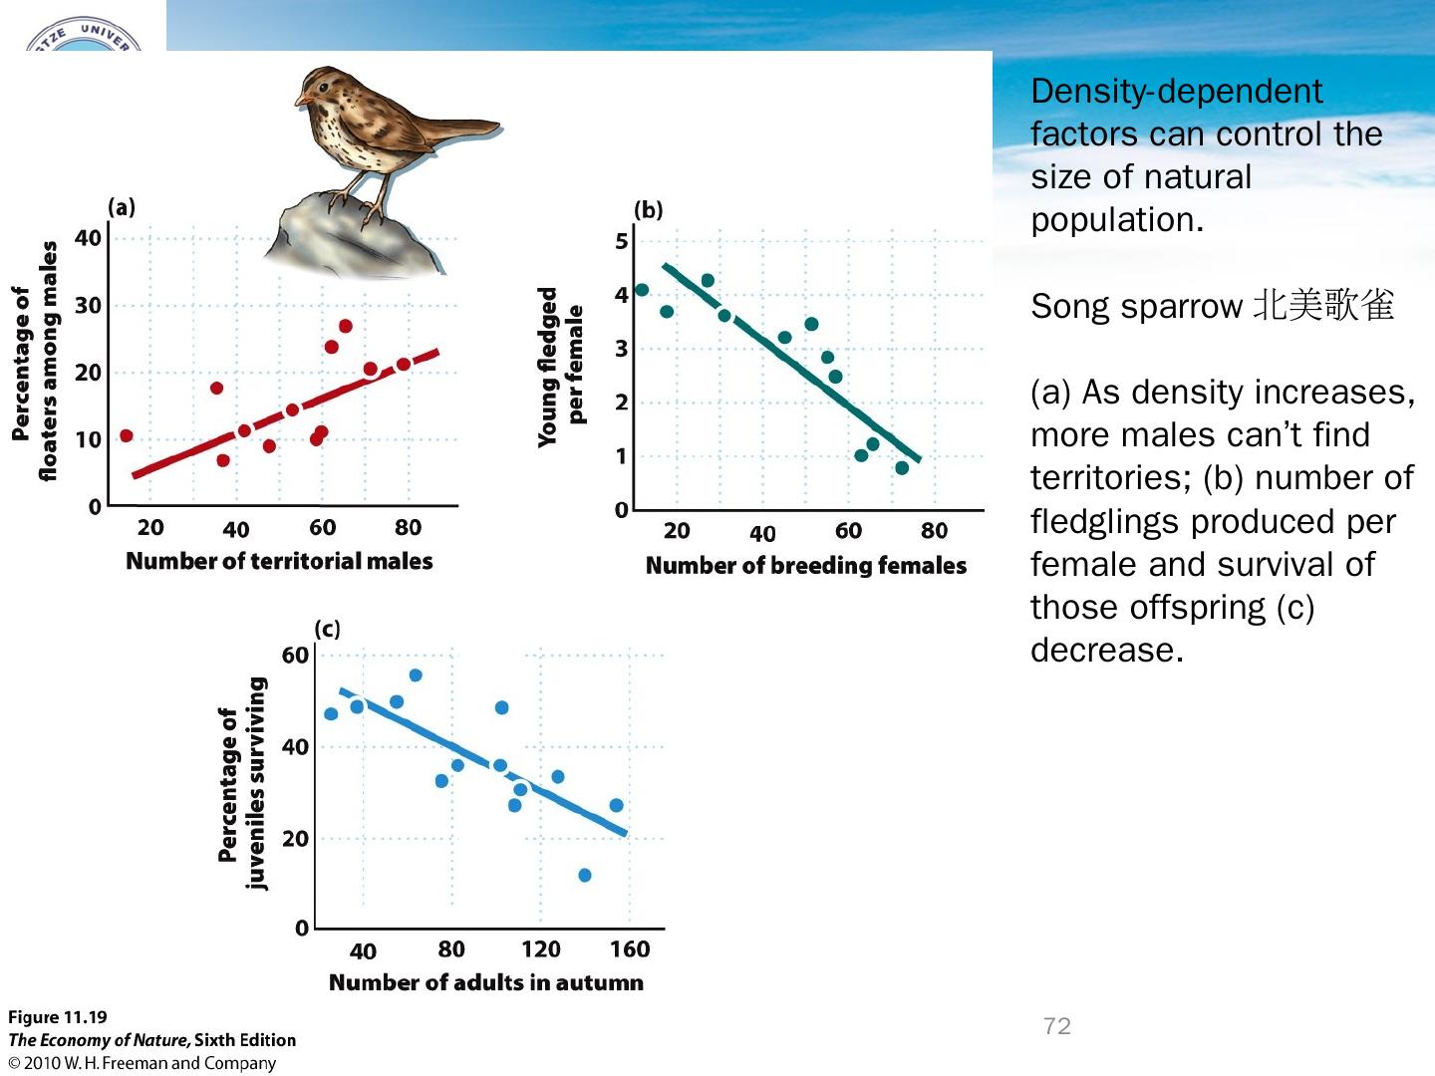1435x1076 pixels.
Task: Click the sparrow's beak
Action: (x=300, y=100)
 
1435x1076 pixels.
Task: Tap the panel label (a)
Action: (x=122, y=207)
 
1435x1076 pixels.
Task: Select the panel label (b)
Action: (x=648, y=209)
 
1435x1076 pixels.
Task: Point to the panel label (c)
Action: (x=327, y=629)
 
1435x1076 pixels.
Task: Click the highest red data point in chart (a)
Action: (x=346, y=326)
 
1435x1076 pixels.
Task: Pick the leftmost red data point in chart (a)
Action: (x=127, y=435)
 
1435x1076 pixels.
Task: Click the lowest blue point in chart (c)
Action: (x=585, y=875)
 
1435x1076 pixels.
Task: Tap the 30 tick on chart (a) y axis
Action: (x=89, y=305)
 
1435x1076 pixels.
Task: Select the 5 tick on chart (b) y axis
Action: (x=622, y=241)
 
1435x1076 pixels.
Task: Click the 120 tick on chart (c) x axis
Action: (x=540, y=949)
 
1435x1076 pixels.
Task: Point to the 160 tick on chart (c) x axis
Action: (x=630, y=949)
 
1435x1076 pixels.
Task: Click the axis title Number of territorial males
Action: (x=279, y=561)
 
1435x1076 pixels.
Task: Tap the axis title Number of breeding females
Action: (x=806, y=566)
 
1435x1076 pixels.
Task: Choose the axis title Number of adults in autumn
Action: (x=486, y=982)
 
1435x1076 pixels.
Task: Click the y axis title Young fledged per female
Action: (x=561, y=367)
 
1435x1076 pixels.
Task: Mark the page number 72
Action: (x=1057, y=1026)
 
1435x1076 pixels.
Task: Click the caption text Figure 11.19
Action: (x=57, y=1017)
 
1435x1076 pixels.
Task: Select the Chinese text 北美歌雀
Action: (x=1323, y=306)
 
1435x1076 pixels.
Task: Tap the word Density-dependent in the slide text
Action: (x=1176, y=92)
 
